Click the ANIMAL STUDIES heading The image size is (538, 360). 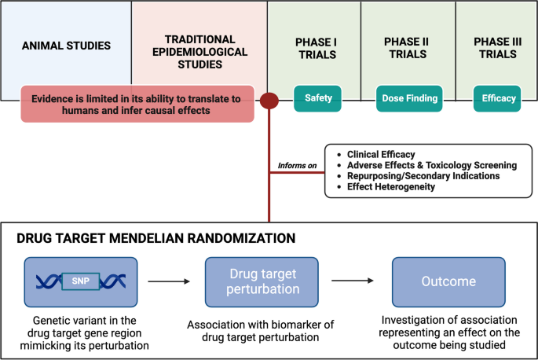click(x=65, y=45)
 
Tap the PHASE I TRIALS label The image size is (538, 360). click(x=315, y=48)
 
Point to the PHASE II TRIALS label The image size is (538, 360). click(x=408, y=47)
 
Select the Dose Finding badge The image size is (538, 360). click(x=409, y=98)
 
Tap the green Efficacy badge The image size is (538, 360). click(x=500, y=98)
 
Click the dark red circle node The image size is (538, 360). click(x=269, y=101)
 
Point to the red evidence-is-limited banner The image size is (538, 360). click(x=138, y=105)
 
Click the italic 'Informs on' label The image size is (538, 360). click(x=297, y=166)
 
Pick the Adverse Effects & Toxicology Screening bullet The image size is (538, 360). click(x=431, y=165)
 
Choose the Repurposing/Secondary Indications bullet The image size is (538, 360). click(x=423, y=176)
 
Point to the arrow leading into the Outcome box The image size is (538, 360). click(x=353, y=280)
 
